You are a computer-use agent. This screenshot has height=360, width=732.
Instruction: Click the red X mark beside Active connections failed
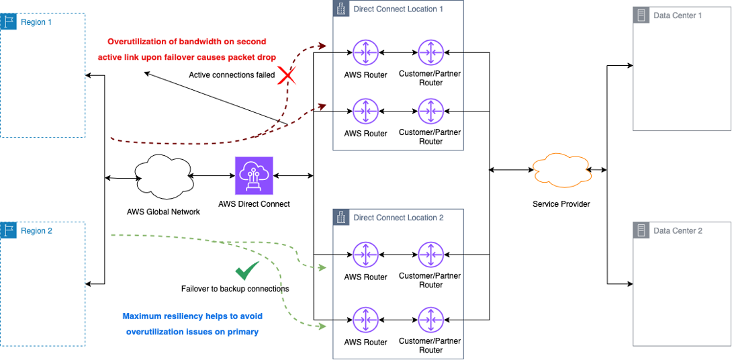click(287, 75)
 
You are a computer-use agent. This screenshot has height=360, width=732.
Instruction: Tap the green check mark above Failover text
click(246, 271)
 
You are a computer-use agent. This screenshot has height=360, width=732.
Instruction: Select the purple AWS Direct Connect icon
click(254, 176)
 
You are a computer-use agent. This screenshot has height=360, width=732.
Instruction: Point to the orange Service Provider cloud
click(559, 171)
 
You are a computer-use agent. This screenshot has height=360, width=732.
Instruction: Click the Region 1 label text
click(36, 22)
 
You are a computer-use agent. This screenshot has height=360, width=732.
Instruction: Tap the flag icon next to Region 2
click(9, 230)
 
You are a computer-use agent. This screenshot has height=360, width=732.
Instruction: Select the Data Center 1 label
click(678, 15)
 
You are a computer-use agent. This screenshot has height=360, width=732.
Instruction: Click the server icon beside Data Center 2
click(642, 230)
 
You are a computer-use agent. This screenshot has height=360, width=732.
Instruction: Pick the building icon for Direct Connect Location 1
click(342, 9)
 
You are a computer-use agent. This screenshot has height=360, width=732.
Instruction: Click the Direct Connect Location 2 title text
click(398, 218)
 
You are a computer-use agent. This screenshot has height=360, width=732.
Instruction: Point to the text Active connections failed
click(232, 75)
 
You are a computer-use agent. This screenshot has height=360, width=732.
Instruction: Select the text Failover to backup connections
click(235, 289)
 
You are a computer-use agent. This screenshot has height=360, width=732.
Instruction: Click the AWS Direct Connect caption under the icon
click(254, 204)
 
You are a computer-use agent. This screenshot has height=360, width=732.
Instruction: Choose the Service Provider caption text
click(561, 204)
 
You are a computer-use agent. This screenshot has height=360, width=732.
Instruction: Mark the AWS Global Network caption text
click(163, 212)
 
